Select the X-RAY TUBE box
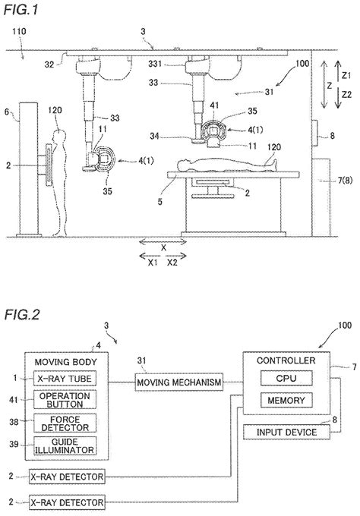coord(66,378)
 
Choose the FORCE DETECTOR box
coord(66,422)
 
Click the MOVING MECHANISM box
coord(180,382)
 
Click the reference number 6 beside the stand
coord(7,112)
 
